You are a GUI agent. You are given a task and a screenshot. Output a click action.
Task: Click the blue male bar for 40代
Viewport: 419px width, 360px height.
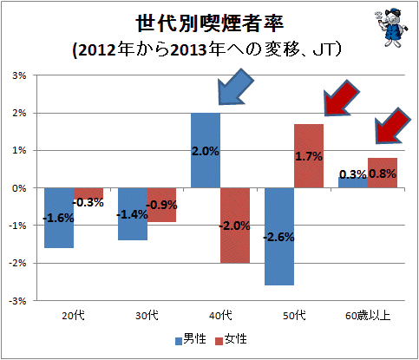point(206,150)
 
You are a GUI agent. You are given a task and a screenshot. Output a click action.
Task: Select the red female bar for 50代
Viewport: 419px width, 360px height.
point(309,156)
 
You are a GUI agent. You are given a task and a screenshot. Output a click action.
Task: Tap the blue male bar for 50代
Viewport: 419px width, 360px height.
point(279,237)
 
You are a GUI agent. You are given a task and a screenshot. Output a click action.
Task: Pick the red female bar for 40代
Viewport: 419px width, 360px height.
point(235,226)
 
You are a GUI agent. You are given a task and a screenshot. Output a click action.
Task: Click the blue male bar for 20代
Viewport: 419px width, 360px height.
point(59,218)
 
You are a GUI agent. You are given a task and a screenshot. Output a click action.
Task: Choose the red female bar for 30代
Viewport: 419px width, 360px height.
point(161,205)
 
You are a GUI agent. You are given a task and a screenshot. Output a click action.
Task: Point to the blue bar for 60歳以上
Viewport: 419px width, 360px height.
point(353,182)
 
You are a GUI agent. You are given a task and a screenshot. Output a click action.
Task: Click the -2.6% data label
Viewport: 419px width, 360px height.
point(278,237)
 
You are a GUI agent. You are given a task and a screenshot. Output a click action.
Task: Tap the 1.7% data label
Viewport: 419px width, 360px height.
point(309,156)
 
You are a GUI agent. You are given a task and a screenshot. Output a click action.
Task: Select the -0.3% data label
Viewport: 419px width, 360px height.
point(88,202)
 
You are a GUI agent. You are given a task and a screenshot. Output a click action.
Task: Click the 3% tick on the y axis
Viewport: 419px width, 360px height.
point(19,75)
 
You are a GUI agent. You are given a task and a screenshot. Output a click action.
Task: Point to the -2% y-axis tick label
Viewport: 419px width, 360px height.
point(17,264)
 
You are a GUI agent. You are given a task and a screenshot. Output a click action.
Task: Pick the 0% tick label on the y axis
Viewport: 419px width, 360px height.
point(19,188)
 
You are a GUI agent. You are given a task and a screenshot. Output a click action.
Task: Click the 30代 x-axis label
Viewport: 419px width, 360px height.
point(147,315)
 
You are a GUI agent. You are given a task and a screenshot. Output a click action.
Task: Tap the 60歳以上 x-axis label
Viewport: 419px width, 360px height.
point(368,315)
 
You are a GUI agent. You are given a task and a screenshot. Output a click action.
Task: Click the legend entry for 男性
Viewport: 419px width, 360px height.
point(191,339)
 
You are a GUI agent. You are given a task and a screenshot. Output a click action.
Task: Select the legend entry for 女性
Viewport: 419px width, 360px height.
point(232,339)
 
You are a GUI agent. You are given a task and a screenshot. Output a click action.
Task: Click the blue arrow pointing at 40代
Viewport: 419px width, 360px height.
point(235,87)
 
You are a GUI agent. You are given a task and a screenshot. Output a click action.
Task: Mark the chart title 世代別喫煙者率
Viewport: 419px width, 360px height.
point(209,23)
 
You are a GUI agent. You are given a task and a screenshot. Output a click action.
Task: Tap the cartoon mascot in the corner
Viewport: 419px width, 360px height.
point(391,28)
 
